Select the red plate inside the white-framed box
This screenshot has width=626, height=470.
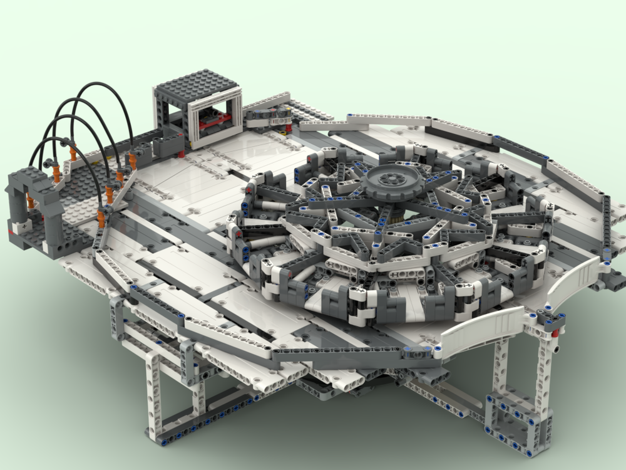[216, 117]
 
